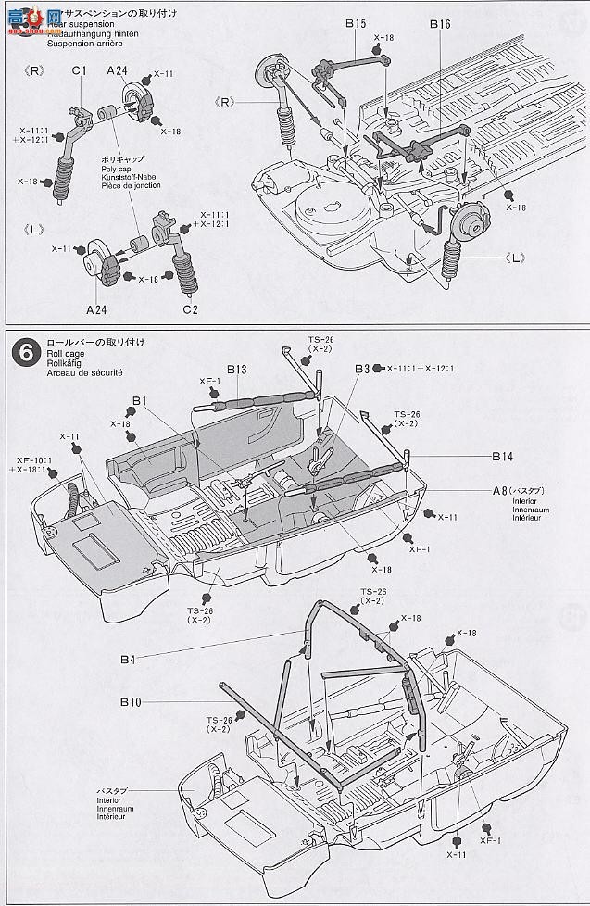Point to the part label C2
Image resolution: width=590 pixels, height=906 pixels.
[x=191, y=308]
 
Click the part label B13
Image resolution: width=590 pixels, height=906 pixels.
[x=236, y=370]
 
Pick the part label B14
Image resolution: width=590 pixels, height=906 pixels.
[x=503, y=457]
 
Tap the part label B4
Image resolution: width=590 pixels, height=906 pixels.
[x=128, y=659]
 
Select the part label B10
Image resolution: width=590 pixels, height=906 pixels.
[x=131, y=702]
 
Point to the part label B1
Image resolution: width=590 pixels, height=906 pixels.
[x=140, y=400]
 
